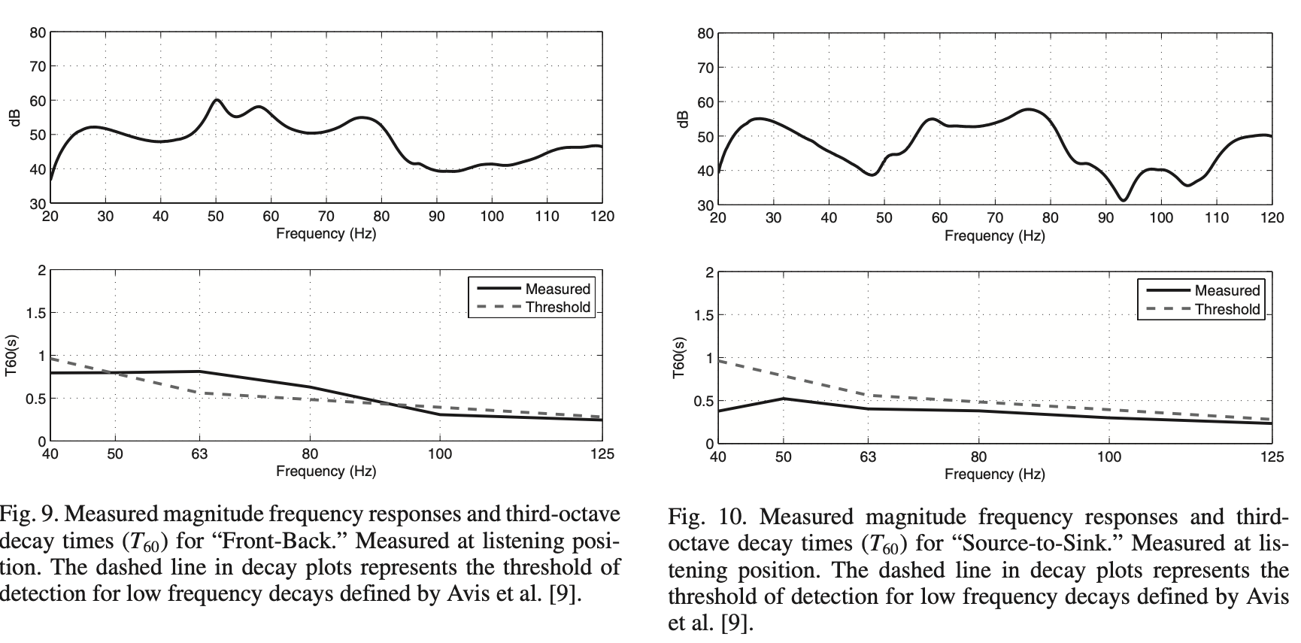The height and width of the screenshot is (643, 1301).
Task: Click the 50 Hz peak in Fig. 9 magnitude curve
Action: click(x=216, y=100)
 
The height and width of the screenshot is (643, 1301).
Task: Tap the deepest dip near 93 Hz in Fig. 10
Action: click(x=1123, y=199)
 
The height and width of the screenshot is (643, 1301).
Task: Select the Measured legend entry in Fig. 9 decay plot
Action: click(x=557, y=289)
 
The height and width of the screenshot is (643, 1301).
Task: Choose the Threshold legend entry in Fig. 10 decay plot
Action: click(x=1227, y=309)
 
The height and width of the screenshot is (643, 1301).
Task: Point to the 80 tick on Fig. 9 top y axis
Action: click(x=38, y=32)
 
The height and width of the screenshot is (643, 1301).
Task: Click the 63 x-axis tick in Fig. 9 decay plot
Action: click(x=199, y=454)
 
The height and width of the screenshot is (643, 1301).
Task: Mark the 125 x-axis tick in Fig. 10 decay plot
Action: click(x=1272, y=457)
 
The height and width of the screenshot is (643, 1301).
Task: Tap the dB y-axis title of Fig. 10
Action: click(x=684, y=119)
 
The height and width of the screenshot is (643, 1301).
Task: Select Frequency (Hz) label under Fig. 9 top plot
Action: click(x=326, y=233)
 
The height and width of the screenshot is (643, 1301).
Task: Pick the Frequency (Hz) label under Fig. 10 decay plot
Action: click(x=994, y=475)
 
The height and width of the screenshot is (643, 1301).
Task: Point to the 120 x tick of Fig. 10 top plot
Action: click(x=1272, y=218)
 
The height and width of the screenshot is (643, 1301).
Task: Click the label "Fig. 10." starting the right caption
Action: click(x=705, y=518)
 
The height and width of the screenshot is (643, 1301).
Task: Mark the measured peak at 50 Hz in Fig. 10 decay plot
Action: click(x=784, y=399)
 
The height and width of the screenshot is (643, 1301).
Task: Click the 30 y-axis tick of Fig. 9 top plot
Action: click(x=38, y=204)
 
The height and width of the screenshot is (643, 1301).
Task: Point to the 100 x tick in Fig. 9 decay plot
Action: click(x=440, y=454)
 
